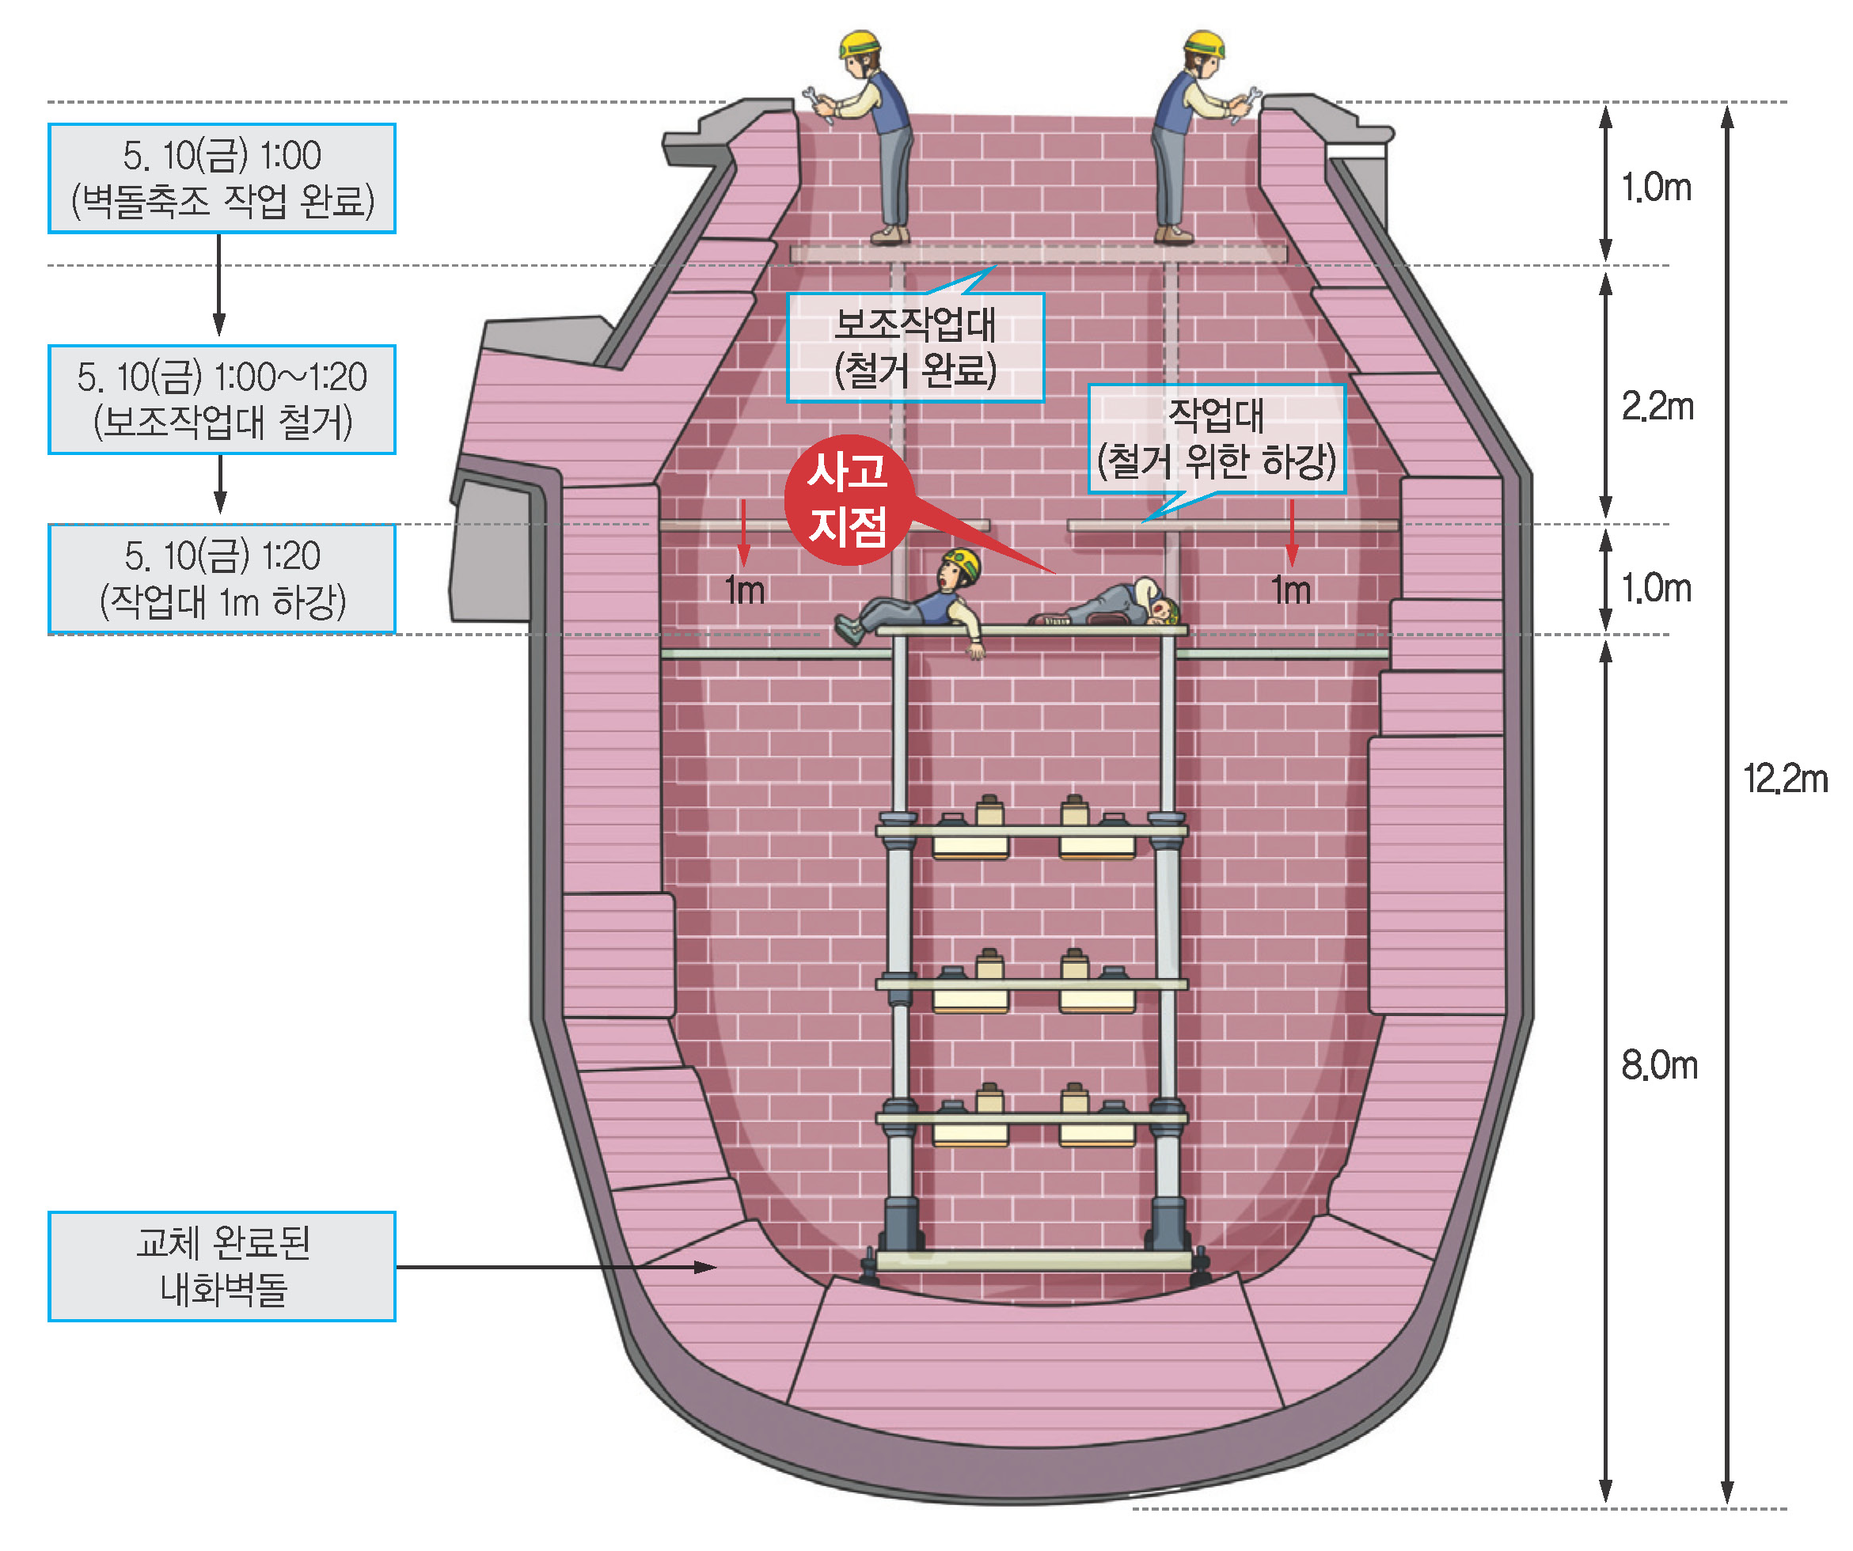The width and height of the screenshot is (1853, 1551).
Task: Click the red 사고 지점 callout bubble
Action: pos(847,499)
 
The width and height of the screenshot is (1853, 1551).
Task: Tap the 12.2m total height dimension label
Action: pos(1784,779)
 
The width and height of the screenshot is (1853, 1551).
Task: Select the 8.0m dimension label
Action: pos(1658,1066)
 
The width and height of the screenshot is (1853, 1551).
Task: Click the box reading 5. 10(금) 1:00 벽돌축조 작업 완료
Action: pos(222,178)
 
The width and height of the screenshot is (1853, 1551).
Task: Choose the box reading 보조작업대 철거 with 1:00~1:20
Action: pos(222,400)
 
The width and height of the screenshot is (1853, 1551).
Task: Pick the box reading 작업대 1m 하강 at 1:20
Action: pos(222,578)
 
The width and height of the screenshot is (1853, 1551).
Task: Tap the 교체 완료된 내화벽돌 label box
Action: pos(222,1266)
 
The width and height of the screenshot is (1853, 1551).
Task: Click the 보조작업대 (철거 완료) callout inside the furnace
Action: pos(915,347)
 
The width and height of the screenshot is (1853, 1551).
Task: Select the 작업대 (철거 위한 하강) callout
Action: pos(1216,438)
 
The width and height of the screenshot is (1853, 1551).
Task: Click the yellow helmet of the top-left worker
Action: pos(860,44)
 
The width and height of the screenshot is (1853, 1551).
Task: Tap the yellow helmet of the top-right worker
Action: pos(1206,44)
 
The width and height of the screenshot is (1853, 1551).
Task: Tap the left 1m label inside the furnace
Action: pos(744,590)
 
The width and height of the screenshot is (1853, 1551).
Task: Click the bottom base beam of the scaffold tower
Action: pos(1032,1260)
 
